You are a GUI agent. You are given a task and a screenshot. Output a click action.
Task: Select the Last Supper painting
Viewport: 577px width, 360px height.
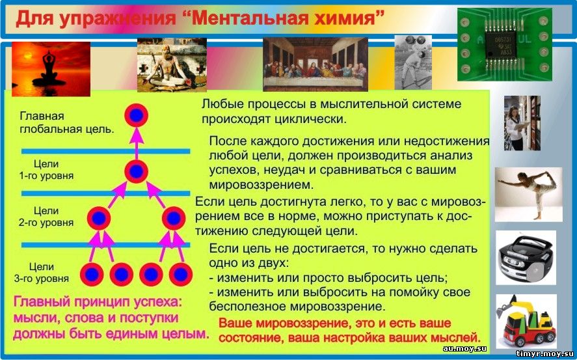(315, 64)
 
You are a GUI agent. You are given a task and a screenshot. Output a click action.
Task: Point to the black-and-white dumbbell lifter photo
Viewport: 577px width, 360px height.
(413, 62)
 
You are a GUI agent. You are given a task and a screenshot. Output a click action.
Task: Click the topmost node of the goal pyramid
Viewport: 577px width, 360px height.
(136, 116)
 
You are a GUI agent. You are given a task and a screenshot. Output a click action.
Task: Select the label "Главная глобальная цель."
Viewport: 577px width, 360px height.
(66, 123)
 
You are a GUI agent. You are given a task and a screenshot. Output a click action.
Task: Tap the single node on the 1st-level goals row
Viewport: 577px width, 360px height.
(136, 171)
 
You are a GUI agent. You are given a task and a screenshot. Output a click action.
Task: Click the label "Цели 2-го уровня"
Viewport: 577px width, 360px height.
(46, 216)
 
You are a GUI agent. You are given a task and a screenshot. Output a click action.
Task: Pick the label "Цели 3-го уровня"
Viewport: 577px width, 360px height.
(42, 272)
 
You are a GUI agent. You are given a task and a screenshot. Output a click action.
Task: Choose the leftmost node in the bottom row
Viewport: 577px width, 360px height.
(92, 275)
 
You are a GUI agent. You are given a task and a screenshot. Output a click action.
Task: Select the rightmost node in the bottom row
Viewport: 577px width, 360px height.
(181, 275)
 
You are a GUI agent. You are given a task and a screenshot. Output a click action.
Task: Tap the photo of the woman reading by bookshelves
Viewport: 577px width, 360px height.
(522, 123)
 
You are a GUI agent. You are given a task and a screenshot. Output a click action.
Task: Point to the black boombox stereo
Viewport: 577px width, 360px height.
(526, 258)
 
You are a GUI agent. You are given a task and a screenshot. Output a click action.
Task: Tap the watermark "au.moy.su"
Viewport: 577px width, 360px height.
(464, 348)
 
